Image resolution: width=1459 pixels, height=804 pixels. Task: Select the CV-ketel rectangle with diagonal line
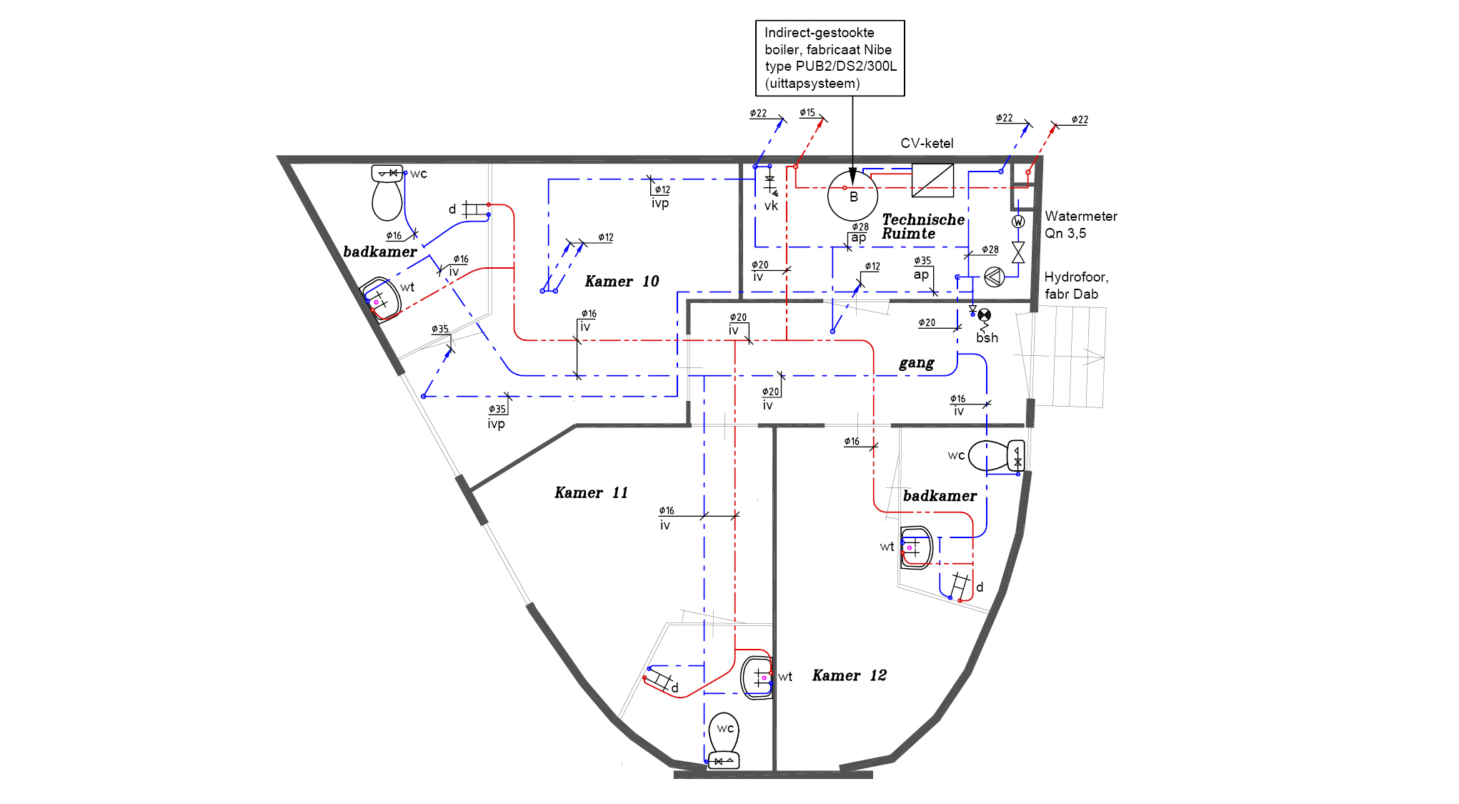[932, 180]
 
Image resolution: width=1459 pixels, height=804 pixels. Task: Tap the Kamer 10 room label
[622, 282]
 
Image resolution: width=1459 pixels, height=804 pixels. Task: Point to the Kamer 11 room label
[591, 493]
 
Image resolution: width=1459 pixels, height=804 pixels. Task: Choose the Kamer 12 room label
[849, 676]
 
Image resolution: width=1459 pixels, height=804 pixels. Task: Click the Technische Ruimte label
[923, 227]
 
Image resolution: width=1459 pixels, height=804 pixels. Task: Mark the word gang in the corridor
[917, 364]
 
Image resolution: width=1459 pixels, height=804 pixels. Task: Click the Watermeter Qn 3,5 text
[1080, 224]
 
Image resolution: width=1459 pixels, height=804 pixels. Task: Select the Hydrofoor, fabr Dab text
[1076, 285]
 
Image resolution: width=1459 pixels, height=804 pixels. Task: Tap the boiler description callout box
[830, 58]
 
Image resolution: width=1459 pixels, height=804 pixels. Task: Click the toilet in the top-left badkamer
[387, 193]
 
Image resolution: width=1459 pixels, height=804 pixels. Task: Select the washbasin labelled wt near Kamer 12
[757, 677]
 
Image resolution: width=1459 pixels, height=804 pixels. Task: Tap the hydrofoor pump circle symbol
[994, 277]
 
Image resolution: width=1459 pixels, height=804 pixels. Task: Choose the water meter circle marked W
[1018, 222]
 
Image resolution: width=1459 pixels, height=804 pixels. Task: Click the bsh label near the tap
[987, 338]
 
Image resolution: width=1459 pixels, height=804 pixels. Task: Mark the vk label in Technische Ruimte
[771, 206]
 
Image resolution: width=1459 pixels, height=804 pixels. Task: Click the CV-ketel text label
[927, 144]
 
